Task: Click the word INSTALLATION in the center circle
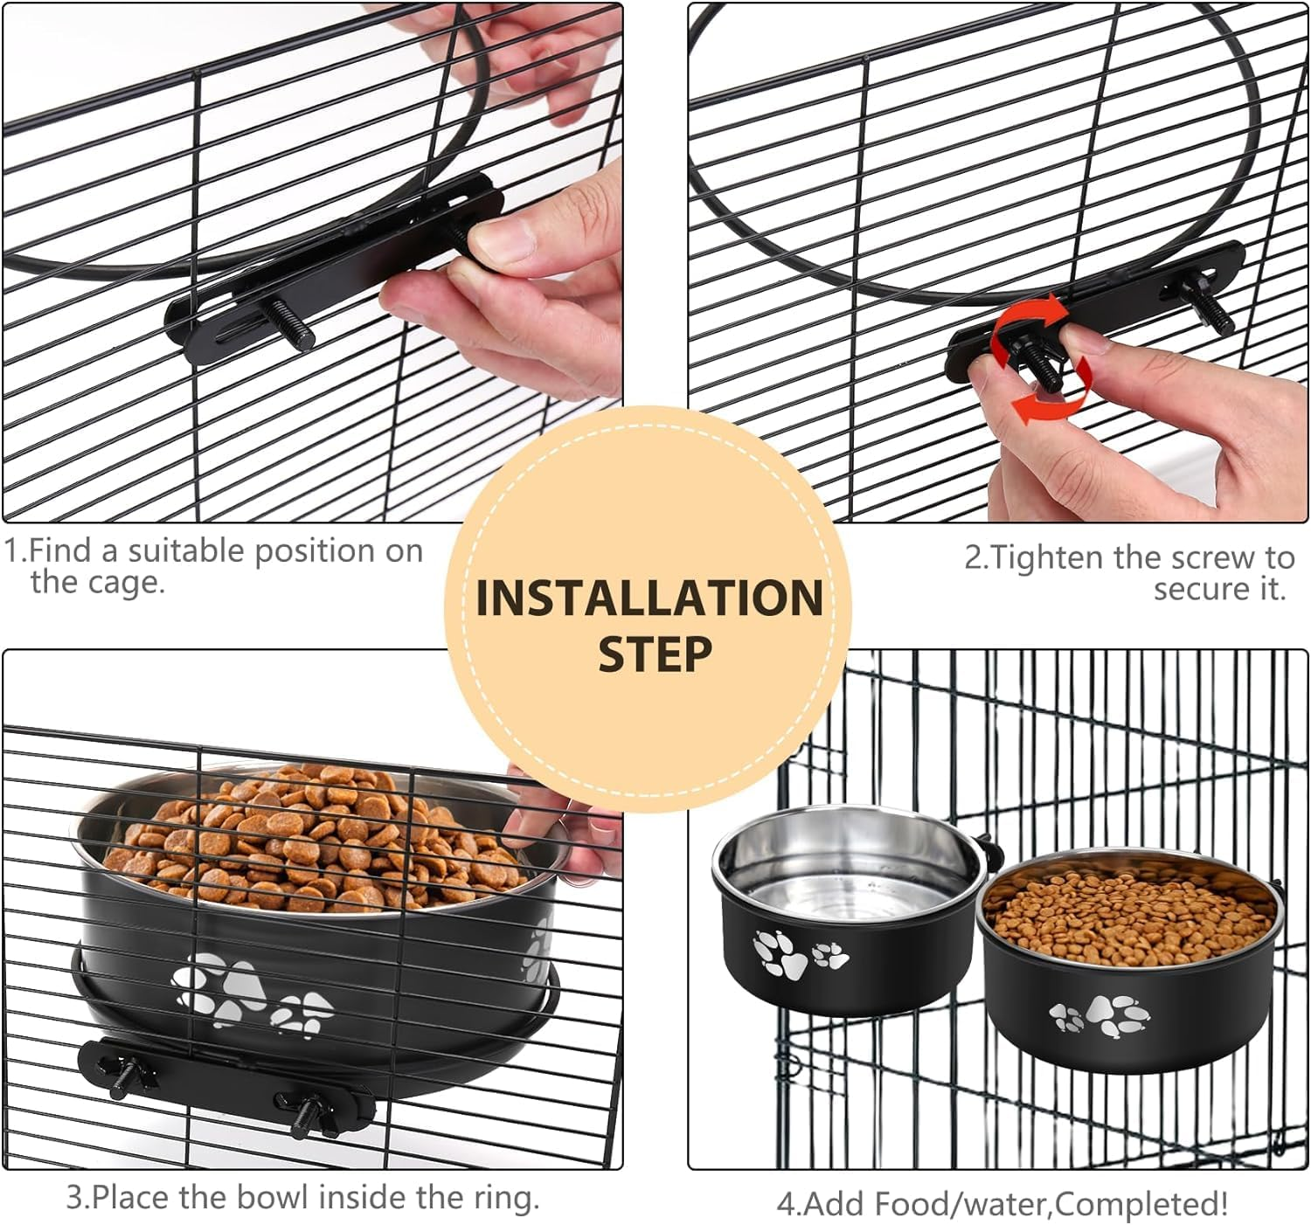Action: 649,599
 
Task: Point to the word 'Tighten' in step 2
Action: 1050,557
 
